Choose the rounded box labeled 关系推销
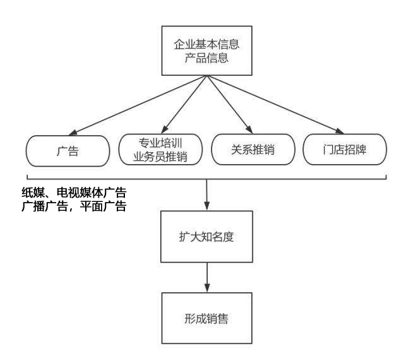[x=252, y=150]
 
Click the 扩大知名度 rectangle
[x=208, y=238]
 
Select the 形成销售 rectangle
[x=208, y=317]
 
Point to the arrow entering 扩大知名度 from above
[x=208, y=196]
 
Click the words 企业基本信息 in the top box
[x=208, y=45]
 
